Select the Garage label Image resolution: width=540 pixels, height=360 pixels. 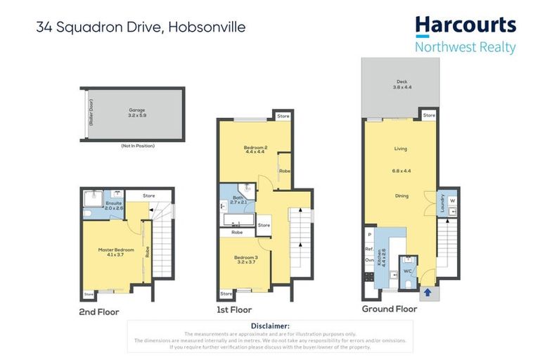coord(136,110)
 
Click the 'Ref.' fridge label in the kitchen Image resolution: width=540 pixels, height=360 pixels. coord(369,248)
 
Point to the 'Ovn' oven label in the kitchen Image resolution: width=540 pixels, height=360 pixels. coord(369,259)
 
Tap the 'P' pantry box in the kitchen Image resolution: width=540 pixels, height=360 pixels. coord(369,234)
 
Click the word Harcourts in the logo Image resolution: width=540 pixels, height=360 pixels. coord(465,26)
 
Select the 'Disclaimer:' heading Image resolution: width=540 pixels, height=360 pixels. coord(270,326)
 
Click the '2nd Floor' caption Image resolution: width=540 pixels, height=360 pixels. coord(100,311)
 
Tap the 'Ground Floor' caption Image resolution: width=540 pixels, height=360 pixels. coord(389,309)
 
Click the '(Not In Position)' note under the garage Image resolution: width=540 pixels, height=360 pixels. coord(137,146)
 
